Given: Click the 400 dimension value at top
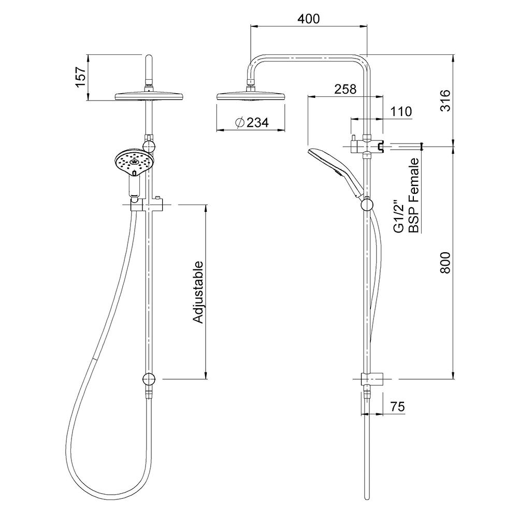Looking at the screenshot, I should (309, 19).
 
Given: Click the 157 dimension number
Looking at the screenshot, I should (81, 76).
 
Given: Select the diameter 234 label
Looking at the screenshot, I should (251, 123).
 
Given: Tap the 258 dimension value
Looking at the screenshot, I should (345, 89).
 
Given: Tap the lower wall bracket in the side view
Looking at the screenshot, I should (371, 379).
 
